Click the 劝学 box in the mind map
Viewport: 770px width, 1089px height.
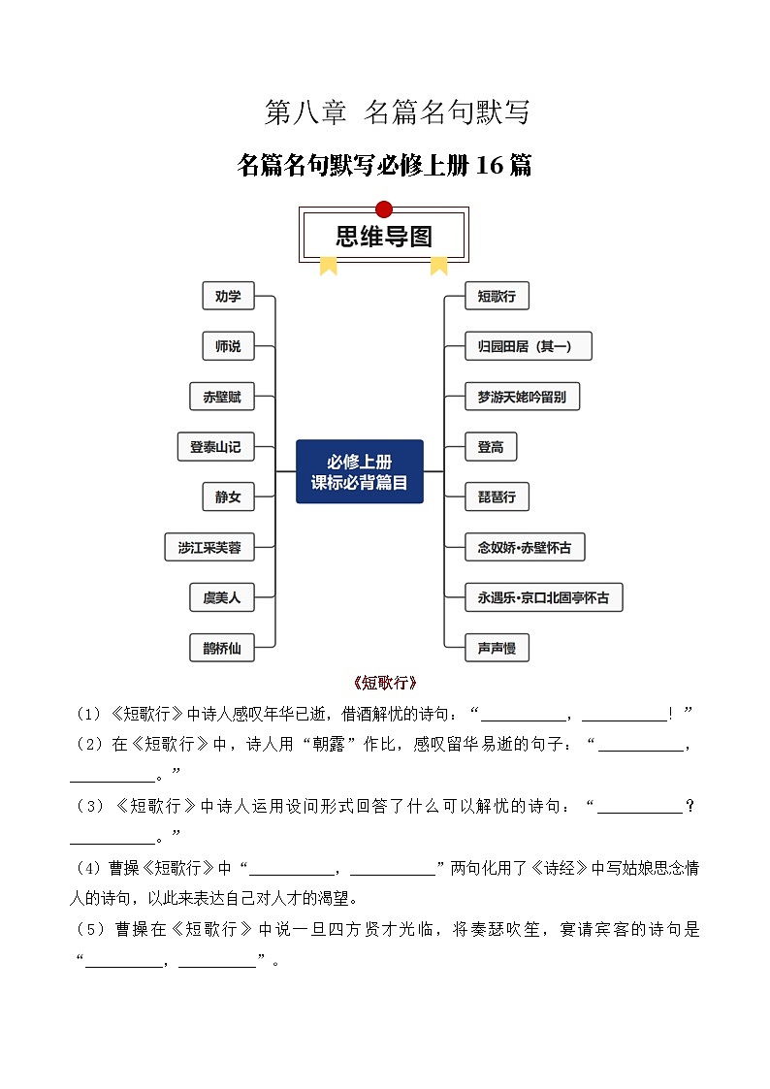coord(228,296)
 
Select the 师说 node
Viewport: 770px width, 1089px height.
coord(228,346)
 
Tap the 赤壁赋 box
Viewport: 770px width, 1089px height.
coord(222,397)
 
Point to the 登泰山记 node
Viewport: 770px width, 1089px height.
coord(215,447)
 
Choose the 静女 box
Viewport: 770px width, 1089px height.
coord(228,497)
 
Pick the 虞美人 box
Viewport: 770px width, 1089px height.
coord(222,598)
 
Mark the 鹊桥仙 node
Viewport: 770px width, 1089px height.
coord(222,649)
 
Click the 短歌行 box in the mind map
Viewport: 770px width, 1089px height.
coord(497,296)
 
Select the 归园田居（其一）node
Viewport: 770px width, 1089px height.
coord(529,346)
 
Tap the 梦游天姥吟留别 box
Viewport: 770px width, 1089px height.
coord(523,397)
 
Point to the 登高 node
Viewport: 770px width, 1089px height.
coord(491,447)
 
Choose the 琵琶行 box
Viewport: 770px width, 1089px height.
coord(497,497)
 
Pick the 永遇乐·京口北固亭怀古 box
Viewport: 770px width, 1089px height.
coord(544,598)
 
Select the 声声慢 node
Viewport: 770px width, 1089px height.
coord(497,649)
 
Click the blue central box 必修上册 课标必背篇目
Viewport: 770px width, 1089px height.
coord(360,471)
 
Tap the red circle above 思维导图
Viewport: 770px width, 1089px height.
coord(384,208)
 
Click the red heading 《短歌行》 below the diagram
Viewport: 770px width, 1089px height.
coord(385,683)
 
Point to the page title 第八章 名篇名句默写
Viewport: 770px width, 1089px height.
coord(398,112)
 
